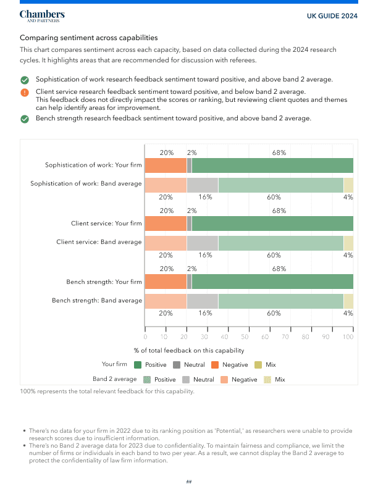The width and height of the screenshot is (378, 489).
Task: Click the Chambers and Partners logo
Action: coord(42,16)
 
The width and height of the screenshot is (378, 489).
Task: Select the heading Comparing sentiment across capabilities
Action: coord(88,38)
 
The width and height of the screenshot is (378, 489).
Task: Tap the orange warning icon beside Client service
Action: coord(25,93)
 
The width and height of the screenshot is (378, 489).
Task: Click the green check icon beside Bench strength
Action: coord(25,119)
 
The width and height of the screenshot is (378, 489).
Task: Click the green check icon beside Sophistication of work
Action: coord(25,80)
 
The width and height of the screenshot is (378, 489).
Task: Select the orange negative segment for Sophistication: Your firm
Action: coord(166,165)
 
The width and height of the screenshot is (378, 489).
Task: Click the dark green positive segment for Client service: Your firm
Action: coord(272,224)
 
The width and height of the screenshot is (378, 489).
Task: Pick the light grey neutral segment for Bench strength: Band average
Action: coord(202,301)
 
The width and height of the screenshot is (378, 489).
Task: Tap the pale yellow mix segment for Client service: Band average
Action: coord(348,242)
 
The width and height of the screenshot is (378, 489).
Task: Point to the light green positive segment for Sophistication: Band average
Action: coord(280,184)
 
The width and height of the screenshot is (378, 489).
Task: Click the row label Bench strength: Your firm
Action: coord(104,282)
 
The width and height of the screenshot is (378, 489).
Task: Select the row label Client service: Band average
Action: coord(99,242)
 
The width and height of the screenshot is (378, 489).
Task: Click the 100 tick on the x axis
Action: coord(348,337)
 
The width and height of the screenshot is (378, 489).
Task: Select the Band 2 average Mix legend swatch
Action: coord(268,379)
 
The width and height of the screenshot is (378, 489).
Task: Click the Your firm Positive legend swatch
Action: coord(138,365)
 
